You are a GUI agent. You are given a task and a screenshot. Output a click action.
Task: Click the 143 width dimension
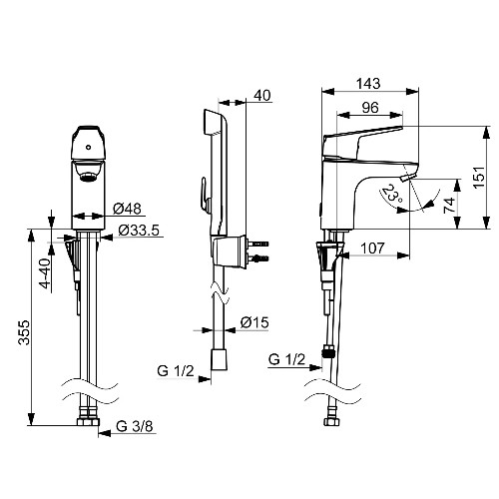(368, 83)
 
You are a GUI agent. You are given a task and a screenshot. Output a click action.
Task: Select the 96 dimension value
(370, 108)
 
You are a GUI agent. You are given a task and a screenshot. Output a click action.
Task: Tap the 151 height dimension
(479, 177)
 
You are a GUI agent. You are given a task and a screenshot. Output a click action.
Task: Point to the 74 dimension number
(449, 206)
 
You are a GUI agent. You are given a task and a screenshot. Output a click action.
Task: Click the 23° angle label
(392, 195)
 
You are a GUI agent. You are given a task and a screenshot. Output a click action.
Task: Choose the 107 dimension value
(372, 249)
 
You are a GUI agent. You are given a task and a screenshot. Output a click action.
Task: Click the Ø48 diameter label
(127, 209)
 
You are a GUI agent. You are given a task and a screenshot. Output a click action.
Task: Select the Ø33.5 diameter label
(139, 231)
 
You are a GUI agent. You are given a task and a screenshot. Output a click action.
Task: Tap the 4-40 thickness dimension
(45, 272)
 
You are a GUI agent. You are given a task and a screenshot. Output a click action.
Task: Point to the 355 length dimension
(24, 332)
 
